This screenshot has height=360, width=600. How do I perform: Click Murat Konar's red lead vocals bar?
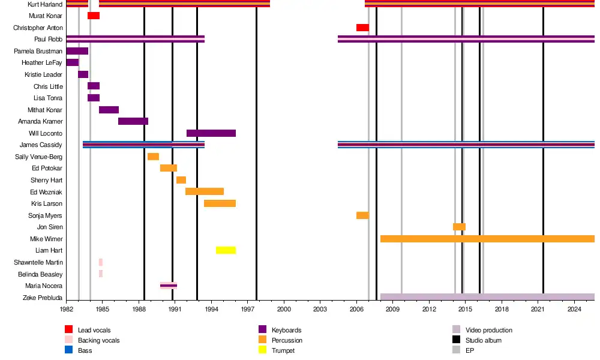(x=94, y=16)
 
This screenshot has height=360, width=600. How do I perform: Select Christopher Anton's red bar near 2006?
(x=362, y=28)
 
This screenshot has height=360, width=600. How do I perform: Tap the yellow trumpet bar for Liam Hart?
(x=226, y=250)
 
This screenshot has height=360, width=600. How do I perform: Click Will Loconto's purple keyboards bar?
(x=211, y=133)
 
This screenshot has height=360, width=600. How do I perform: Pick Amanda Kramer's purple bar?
(x=133, y=121)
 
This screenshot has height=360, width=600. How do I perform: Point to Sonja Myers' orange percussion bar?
(x=362, y=215)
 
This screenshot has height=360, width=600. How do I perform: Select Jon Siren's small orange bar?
(x=459, y=227)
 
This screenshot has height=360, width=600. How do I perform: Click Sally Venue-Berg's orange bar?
(x=153, y=157)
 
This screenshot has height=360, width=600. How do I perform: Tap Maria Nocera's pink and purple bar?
(x=169, y=286)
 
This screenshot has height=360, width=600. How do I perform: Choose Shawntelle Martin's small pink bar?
(x=101, y=262)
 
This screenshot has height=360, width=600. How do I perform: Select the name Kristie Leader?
(x=43, y=74)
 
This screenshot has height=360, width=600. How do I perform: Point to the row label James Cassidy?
(x=41, y=145)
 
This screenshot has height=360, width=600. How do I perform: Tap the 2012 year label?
(x=429, y=309)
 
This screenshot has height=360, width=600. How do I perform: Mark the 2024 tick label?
(x=575, y=309)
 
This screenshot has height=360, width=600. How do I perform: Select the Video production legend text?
(x=489, y=330)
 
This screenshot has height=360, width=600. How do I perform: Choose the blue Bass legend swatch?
(x=68, y=350)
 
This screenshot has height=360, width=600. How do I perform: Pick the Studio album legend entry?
(x=484, y=340)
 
